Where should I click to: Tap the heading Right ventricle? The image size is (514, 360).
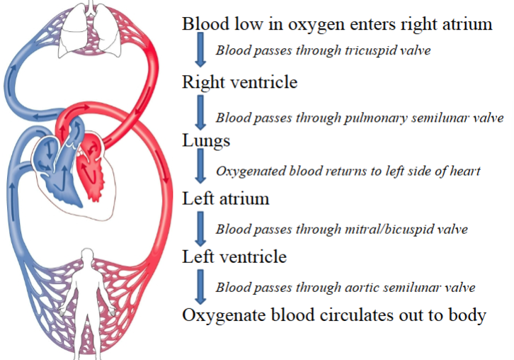(x=239, y=82)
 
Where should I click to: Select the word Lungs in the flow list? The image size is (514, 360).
(x=206, y=140)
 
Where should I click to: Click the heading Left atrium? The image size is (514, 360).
(x=226, y=198)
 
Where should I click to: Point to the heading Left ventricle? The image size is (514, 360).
(x=234, y=257)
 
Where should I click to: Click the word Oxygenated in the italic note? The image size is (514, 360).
(x=248, y=171)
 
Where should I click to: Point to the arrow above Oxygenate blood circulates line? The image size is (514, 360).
(x=200, y=285)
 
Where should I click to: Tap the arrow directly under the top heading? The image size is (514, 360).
(x=200, y=51)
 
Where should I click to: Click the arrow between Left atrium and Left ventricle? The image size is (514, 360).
(x=200, y=227)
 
